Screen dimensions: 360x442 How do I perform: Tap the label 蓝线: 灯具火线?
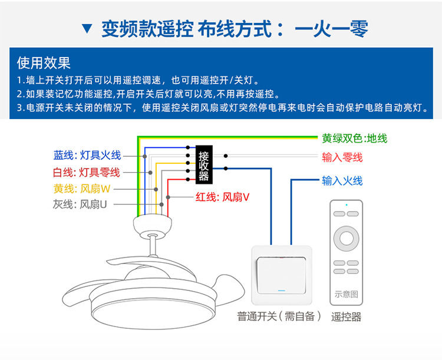click(x=87, y=155)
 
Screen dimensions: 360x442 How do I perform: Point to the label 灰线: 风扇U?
click(x=80, y=204)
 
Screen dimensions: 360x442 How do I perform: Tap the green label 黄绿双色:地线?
click(x=354, y=138)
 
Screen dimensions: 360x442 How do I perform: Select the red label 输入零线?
click(x=342, y=157)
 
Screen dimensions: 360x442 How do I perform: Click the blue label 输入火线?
click(x=342, y=180)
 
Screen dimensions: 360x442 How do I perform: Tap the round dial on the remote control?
click(x=346, y=239)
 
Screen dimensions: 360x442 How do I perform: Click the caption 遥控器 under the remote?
click(x=346, y=316)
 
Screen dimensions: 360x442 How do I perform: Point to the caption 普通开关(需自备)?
click(x=280, y=316)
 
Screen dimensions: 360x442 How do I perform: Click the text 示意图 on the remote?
click(x=346, y=294)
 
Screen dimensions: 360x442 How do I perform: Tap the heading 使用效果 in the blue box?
click(x=44, y=62)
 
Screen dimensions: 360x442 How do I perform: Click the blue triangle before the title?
click(x=87, y=28)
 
